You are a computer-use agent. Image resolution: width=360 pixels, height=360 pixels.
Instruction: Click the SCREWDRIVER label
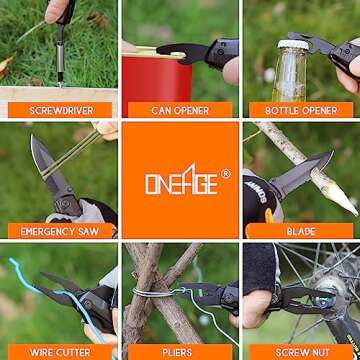click(61, 111)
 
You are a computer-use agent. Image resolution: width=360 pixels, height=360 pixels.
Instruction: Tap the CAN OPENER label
click(180, 111)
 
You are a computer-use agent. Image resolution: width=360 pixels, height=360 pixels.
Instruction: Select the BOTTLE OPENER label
click(301, 111)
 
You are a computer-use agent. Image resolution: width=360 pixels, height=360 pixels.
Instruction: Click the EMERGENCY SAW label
click(60, 231)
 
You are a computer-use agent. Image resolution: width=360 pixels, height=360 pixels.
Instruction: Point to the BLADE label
click(301, 231)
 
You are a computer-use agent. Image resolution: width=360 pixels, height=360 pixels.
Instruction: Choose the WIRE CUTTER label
click(60, 352)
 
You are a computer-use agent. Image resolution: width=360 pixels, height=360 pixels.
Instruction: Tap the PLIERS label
click(180, 352)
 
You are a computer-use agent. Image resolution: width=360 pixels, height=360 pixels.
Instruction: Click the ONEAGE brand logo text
click(181, 180)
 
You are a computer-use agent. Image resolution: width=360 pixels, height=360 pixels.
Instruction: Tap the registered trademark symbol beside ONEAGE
click(226, 174)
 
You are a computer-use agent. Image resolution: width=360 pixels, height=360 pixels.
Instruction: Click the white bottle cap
click(293, 45)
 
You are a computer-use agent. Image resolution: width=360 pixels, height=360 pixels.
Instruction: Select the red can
click(157, 85)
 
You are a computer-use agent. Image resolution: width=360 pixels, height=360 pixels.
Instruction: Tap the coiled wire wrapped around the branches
click(152, 292)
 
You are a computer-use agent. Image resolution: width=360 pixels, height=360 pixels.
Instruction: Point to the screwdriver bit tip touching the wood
click(60, 84)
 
